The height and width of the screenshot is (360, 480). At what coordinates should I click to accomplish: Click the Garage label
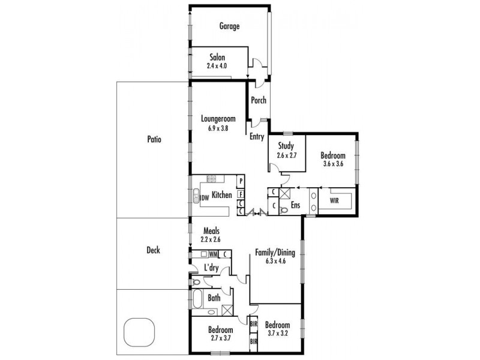pyautogui.click(x=229, y=26)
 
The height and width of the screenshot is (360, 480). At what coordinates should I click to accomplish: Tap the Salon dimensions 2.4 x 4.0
pyautogui.click(x=218, y=65)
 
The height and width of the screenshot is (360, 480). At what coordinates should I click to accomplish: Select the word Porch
pyautogui.click(x=259, y=100)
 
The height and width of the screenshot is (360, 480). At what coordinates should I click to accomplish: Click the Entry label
pyautogui.click(x=257, y=137)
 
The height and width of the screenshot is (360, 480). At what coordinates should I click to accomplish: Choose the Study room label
pyautogui.click(x=286, y=145)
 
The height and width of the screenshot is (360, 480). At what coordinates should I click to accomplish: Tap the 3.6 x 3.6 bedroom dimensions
pyautogui.click(x=332, y=164)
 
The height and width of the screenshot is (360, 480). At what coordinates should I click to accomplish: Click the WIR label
pyautogui.click(x=334, y=201)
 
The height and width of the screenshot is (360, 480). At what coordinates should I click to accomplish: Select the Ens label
pyautogui.click(x=295, y=205)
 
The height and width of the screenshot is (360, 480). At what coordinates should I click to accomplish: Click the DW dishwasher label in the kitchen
pyautogui.click(x=204, y=197)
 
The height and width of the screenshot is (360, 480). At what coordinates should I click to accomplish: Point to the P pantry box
pyautogui.click(x=240, y=181)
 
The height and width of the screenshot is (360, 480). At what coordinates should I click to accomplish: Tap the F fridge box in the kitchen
pyautogui.click(x=240, y=194)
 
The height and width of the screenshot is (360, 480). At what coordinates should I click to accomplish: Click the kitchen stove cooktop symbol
pyautogui.click(x=212, y=178)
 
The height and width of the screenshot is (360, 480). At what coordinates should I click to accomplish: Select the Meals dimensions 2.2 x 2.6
pyautogui.click(x=211, y=239)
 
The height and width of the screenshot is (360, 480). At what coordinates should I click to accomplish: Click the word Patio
pyautogui.click(x=154, y=139)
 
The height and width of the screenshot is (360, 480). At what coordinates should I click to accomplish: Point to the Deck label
pyautogui.click(x=153, y=250)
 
